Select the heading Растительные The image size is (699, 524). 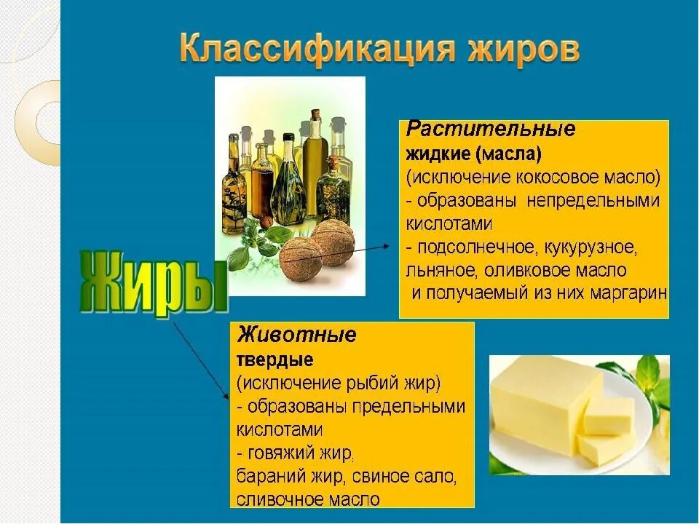pos(491,130)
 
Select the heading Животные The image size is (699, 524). pos(296,335)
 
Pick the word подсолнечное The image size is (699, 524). pos(475,247)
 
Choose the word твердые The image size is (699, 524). pos(275,360)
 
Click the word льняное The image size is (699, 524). pos(438,271)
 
